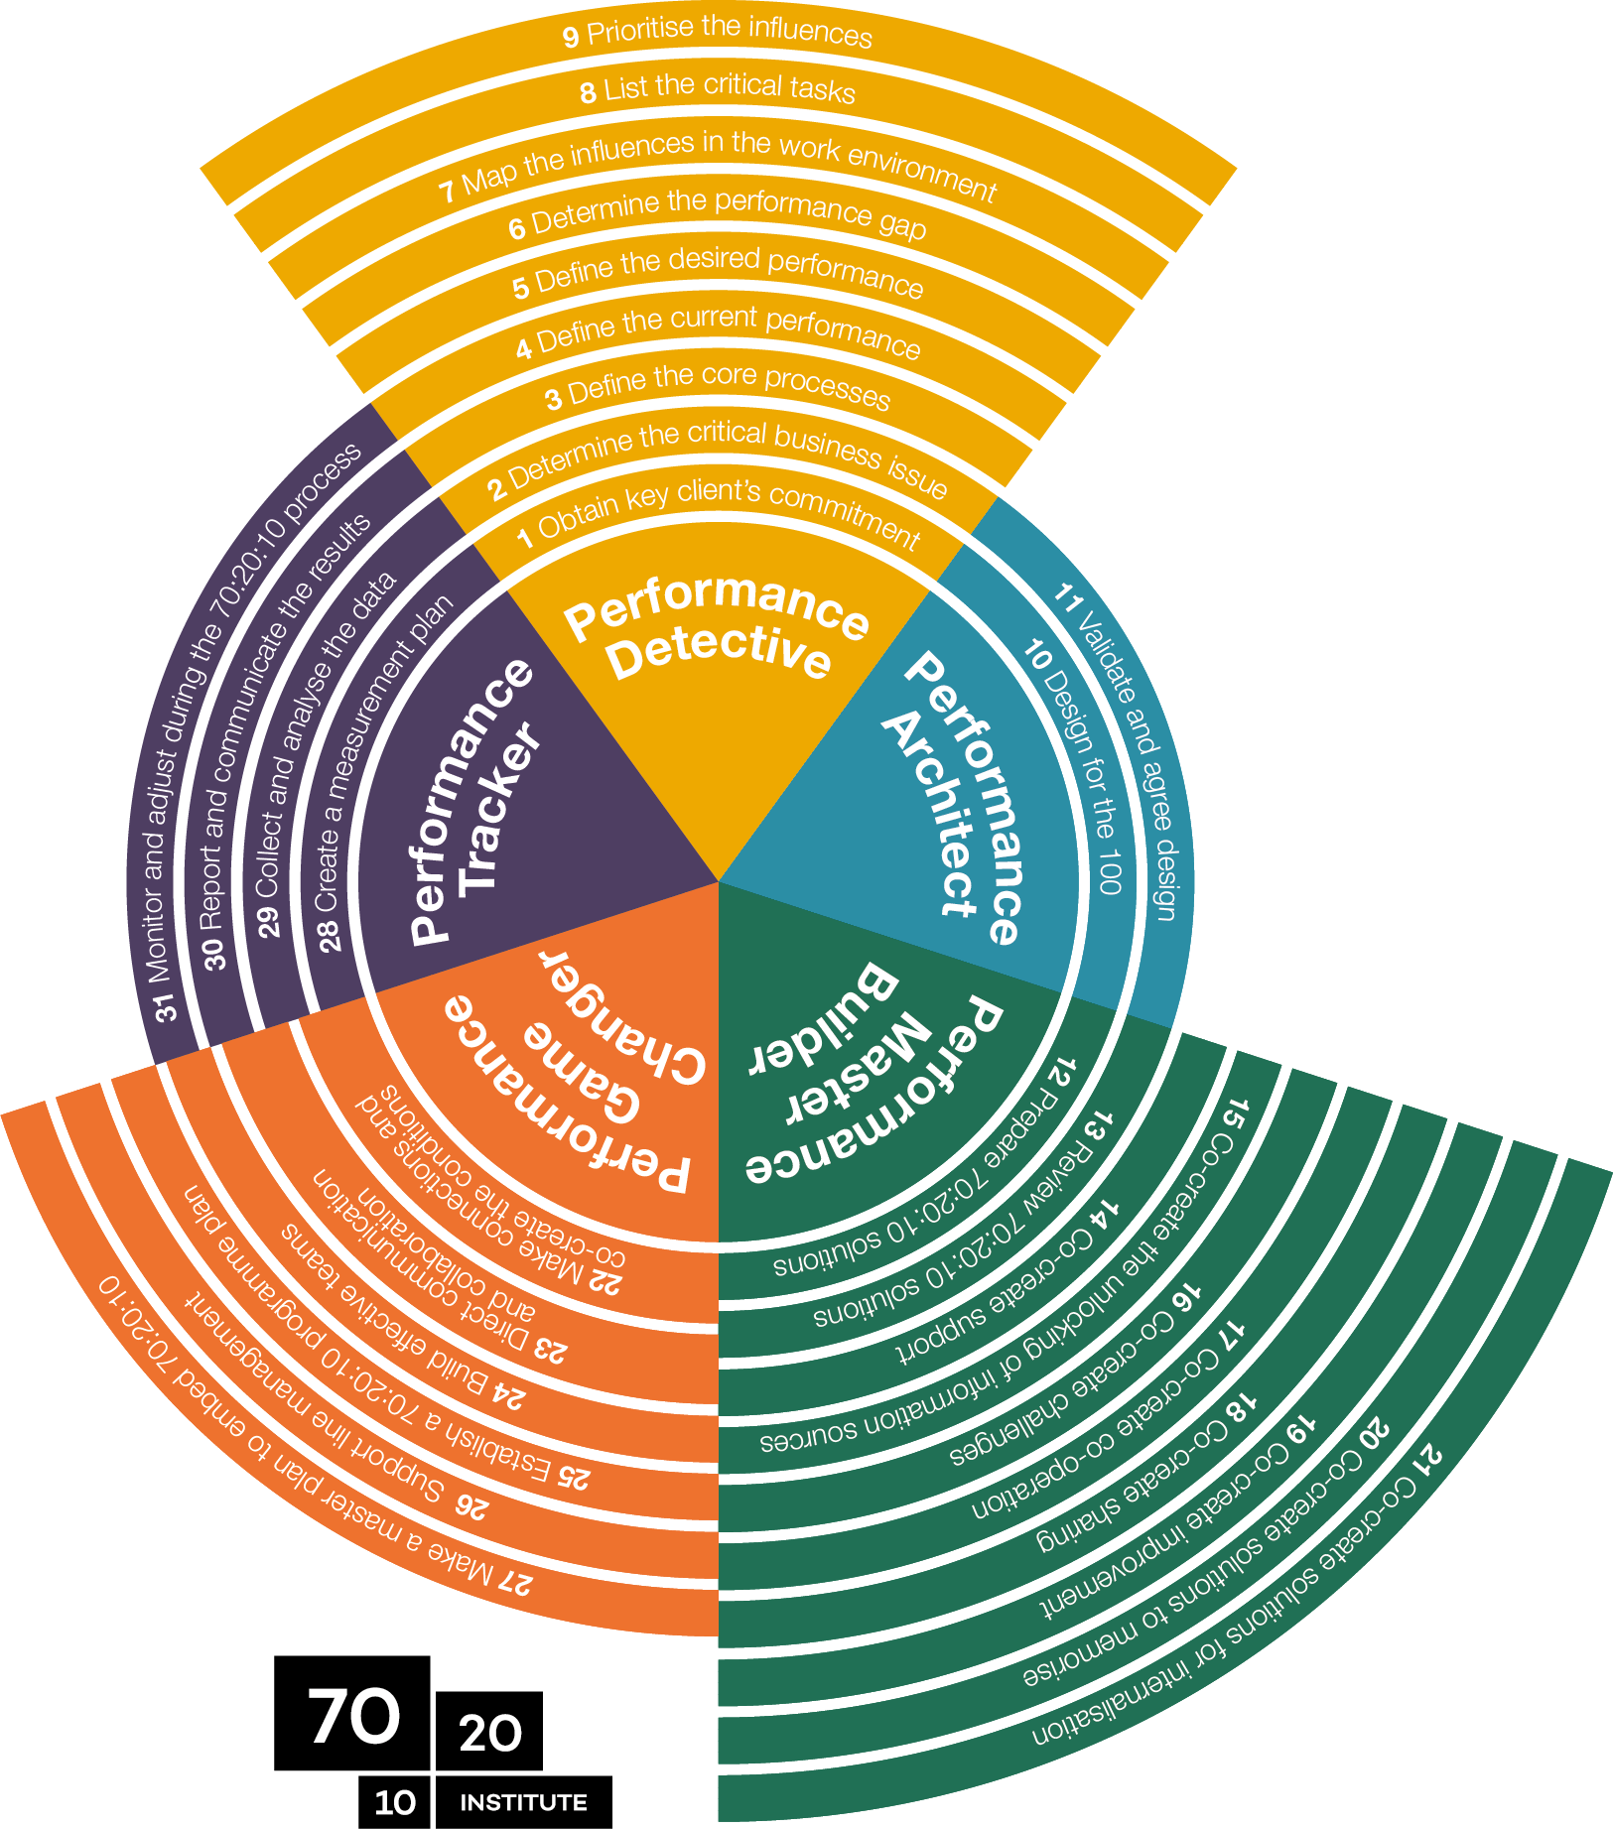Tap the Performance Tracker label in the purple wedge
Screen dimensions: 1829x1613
point(474,799)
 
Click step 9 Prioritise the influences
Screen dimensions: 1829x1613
point(718,33)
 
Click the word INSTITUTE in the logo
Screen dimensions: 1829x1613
point(523,1802)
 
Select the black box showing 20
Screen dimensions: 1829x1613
point(489,1733)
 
